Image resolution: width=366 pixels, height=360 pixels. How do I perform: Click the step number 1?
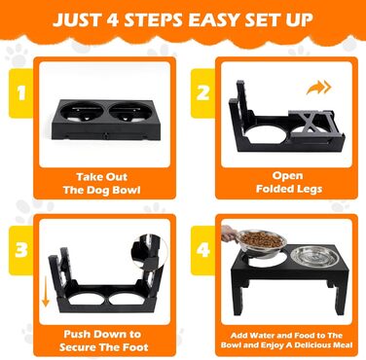point(21,92)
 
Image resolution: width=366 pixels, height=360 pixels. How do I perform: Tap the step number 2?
point(203,92)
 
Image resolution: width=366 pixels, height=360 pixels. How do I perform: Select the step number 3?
point(21,250)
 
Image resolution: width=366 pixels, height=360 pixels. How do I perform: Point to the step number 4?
point(203,250)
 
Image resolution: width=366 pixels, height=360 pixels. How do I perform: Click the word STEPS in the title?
point(153,19)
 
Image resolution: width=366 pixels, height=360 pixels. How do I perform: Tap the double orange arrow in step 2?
point(318,88)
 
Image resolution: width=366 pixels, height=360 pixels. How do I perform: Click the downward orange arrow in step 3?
point(46,293)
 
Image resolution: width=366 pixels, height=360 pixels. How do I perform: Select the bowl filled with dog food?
point(262,244)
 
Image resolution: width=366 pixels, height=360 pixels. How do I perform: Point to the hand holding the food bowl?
point(230,234)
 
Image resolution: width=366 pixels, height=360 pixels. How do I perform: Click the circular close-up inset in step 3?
point(150,255)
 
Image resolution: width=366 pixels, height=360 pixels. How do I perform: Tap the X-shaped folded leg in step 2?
point(311,122)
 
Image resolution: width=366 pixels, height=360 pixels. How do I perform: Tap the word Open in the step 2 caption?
point(287,176)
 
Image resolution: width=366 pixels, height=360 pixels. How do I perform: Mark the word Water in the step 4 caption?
point(262,336)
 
